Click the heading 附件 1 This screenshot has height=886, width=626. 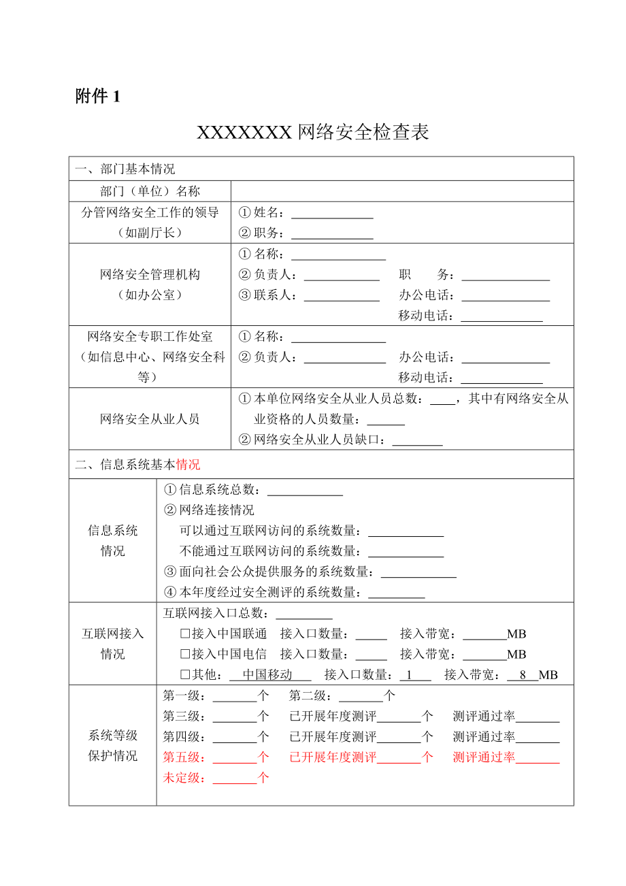97,97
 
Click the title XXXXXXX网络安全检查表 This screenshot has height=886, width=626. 313,132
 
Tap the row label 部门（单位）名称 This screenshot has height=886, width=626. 150,191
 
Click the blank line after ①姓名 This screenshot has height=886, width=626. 332,213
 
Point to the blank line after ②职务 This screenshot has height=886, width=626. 332,233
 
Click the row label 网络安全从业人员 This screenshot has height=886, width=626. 150,419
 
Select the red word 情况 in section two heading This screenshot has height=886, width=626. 188,465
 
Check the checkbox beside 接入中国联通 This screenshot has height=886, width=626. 184,634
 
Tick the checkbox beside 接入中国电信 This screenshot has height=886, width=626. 184,655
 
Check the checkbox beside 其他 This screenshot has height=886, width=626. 184,675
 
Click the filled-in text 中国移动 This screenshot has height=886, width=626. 267,675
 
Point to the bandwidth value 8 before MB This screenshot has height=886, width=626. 523,675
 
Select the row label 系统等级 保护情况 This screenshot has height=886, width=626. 113,746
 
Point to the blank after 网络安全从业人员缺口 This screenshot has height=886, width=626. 417,440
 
